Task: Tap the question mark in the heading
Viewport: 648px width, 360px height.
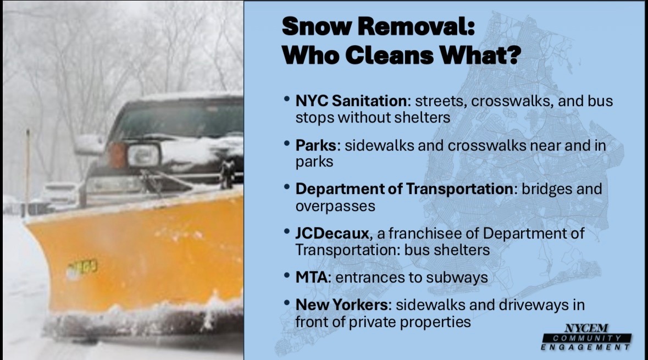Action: pos(512,54)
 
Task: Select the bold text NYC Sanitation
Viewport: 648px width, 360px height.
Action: pos(351,101)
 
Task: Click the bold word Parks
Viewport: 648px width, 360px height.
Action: pos(315,145)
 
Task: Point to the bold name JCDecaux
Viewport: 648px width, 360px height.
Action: pos(332,233)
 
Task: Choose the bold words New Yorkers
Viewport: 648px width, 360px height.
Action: pos(341,305)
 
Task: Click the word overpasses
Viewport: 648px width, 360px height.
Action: pos(335,206)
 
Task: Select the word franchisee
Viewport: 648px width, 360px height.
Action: pos(425,233)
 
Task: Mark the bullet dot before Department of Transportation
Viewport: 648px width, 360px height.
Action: pos(287,187)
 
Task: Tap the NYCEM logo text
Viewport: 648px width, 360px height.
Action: pos(586,328)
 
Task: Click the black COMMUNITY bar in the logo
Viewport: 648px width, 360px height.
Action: pos(587,338)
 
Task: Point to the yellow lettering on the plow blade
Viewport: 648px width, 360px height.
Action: pos(82,269)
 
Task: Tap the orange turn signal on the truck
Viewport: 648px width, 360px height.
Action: pos(117,155)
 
